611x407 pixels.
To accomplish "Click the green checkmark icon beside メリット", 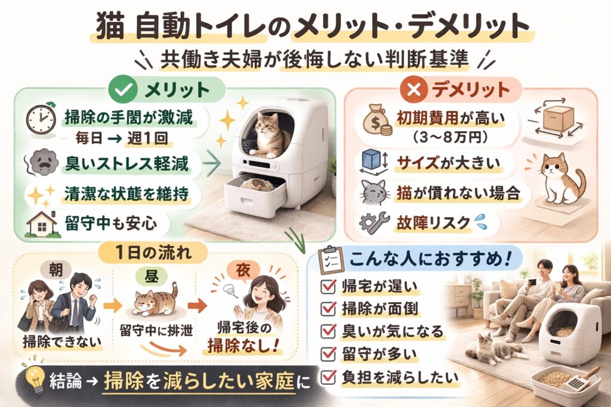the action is (124, 90).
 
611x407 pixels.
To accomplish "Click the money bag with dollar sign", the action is (375, 122).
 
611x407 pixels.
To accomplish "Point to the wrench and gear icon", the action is (374, 223).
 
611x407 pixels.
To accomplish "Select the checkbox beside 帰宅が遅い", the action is (328, 287).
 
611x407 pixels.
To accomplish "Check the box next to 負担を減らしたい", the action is (328, 377).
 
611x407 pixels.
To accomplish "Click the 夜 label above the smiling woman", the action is (243, 271).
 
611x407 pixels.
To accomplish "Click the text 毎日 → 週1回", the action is (121, 138).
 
